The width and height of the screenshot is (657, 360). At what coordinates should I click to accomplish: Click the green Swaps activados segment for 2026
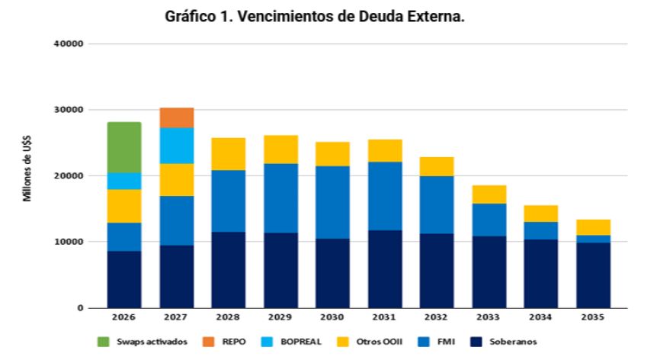point(124,147)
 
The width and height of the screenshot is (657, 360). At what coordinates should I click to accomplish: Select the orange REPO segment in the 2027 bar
point(176,117)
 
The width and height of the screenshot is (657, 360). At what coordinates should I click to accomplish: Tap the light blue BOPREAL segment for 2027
point(176,146)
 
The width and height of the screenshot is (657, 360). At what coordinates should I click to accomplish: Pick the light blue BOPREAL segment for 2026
point(124,181)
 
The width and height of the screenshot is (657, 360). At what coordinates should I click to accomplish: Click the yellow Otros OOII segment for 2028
point(228,154)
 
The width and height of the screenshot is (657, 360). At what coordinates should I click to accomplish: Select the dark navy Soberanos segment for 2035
point(593,275)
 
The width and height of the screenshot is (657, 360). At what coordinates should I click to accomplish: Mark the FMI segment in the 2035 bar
point(593,239)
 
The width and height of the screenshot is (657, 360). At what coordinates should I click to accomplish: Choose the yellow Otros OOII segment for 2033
point(489,194)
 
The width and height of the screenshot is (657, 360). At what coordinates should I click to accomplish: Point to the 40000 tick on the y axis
point(71,43)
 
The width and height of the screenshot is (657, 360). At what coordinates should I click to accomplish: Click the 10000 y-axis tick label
point(71,242)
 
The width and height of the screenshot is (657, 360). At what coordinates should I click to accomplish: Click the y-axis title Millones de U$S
point(27,176)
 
